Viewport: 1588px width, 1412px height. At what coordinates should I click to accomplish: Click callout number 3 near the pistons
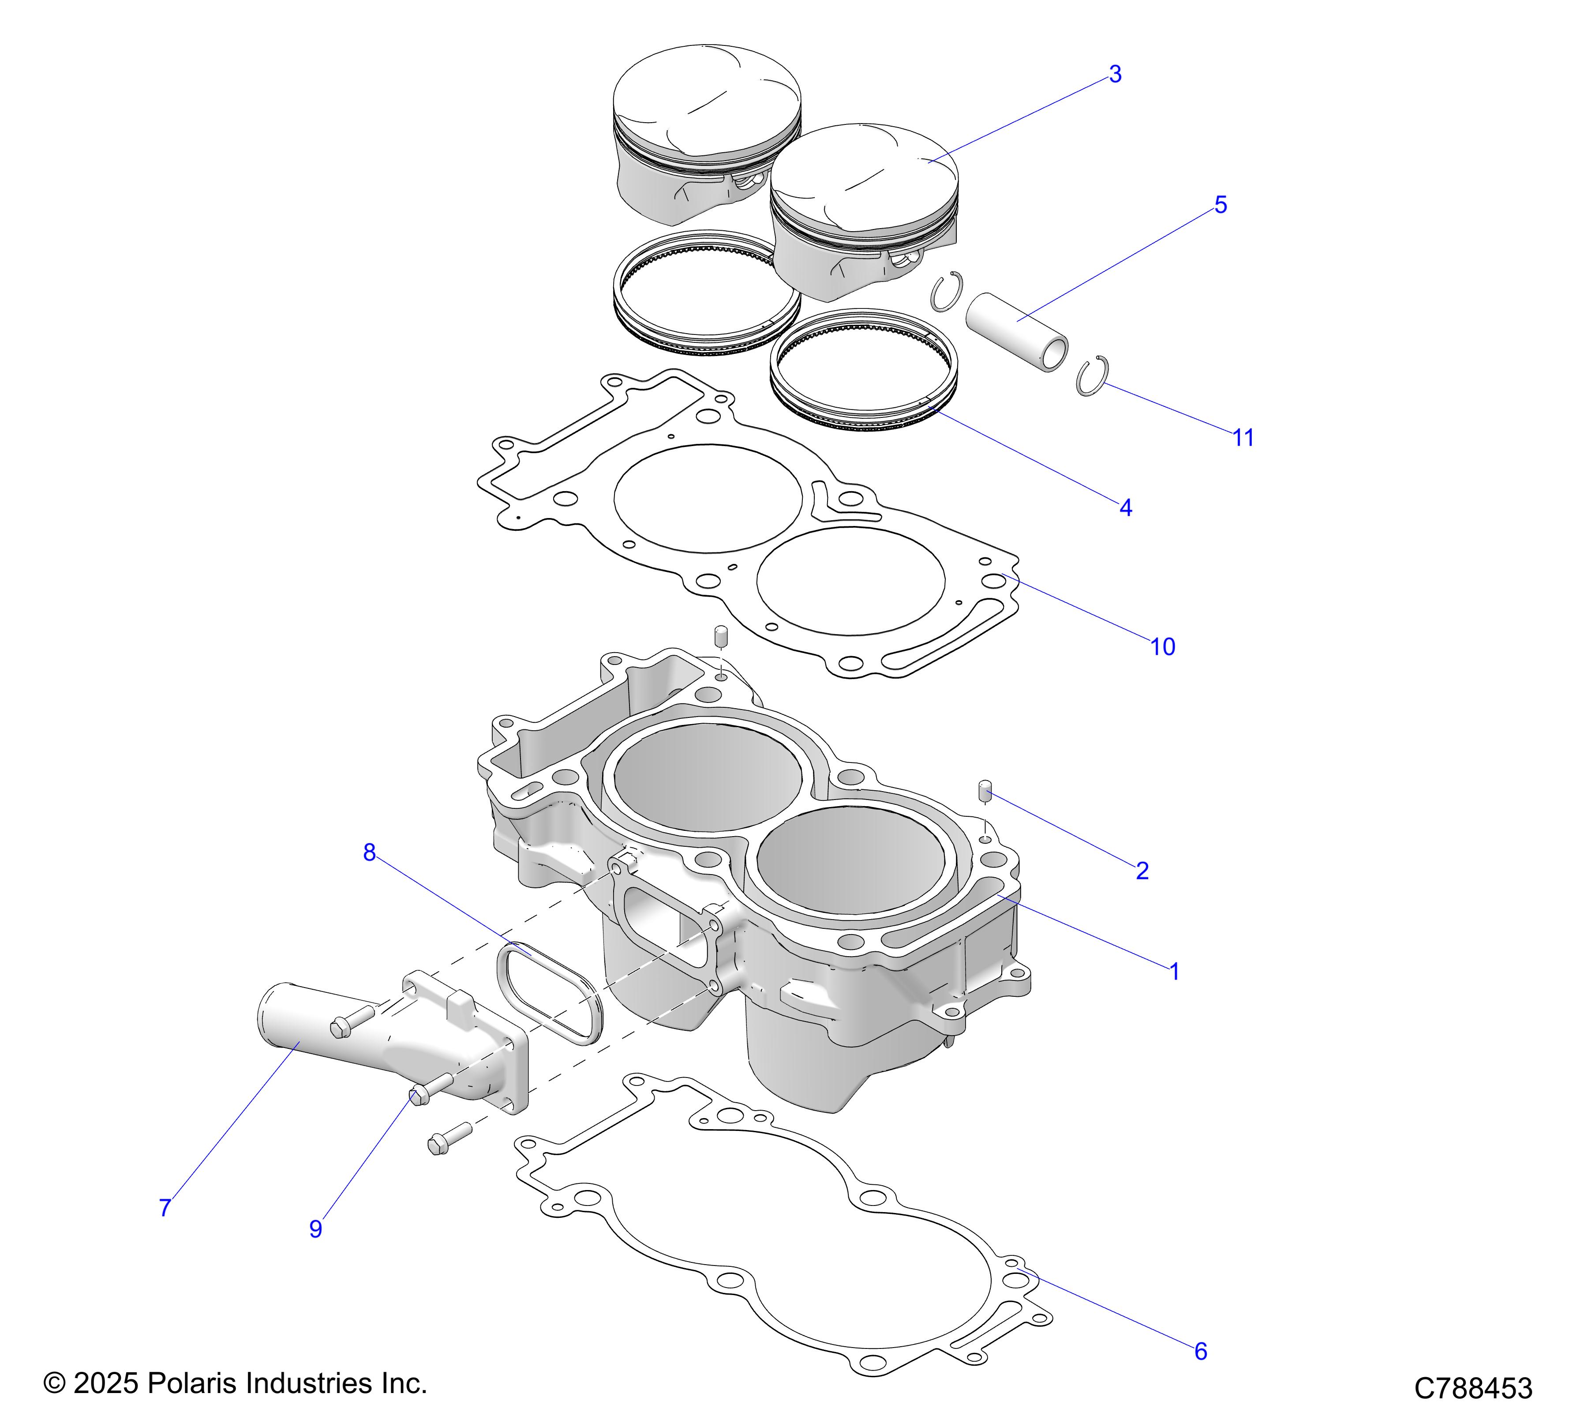point(1115,75)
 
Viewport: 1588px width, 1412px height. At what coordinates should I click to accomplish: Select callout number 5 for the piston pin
point(1221,205)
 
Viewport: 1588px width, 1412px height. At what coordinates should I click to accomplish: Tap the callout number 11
point(1243,438)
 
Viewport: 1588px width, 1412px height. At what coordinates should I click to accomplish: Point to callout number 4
point(1126,508)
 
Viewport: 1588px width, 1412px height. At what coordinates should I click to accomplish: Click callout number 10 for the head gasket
point(1162,646)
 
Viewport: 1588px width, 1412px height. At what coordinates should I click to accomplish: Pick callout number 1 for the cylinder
point(1175,971)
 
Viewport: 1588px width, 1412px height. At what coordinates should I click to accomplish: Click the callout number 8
point(370,853)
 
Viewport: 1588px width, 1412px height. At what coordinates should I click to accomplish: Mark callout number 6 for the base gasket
point(1200,1352)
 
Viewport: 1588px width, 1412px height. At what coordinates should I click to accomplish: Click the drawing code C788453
point(1473,1388)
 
